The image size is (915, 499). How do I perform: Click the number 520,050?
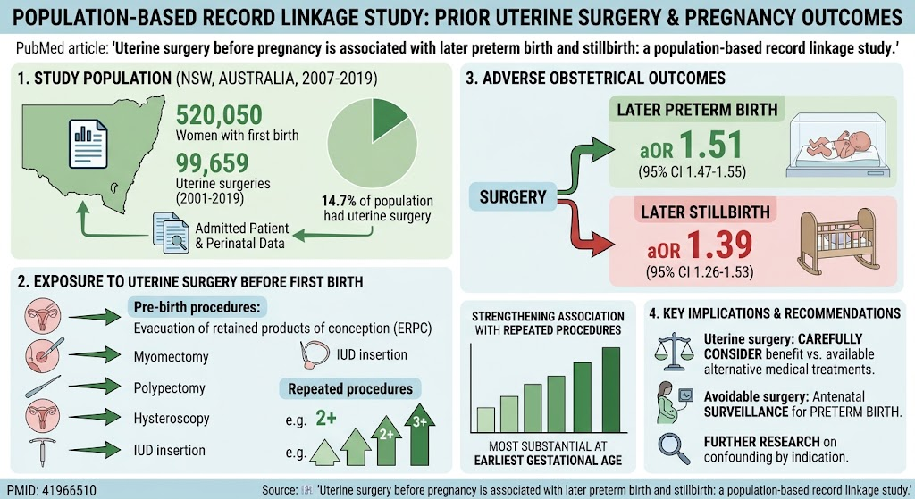219,115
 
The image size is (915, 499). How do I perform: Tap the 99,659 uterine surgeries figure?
212,163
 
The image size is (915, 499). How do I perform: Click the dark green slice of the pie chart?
388,119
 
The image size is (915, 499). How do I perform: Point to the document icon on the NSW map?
88,144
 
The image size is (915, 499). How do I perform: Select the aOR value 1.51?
710,146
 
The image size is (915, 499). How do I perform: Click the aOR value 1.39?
718,245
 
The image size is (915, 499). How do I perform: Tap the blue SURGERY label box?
512,197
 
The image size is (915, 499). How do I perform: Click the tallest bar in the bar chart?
611,389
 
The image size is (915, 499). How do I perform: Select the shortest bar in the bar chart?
485,420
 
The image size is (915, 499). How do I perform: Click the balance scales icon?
674,352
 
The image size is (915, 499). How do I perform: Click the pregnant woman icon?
672,402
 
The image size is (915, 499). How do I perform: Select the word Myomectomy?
171,357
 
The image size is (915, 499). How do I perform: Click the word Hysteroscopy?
172,419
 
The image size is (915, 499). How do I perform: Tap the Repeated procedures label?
350,389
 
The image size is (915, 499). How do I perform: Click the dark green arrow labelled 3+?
420,435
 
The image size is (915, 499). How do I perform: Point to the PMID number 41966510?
51,490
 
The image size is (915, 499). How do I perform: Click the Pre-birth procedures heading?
197,307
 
